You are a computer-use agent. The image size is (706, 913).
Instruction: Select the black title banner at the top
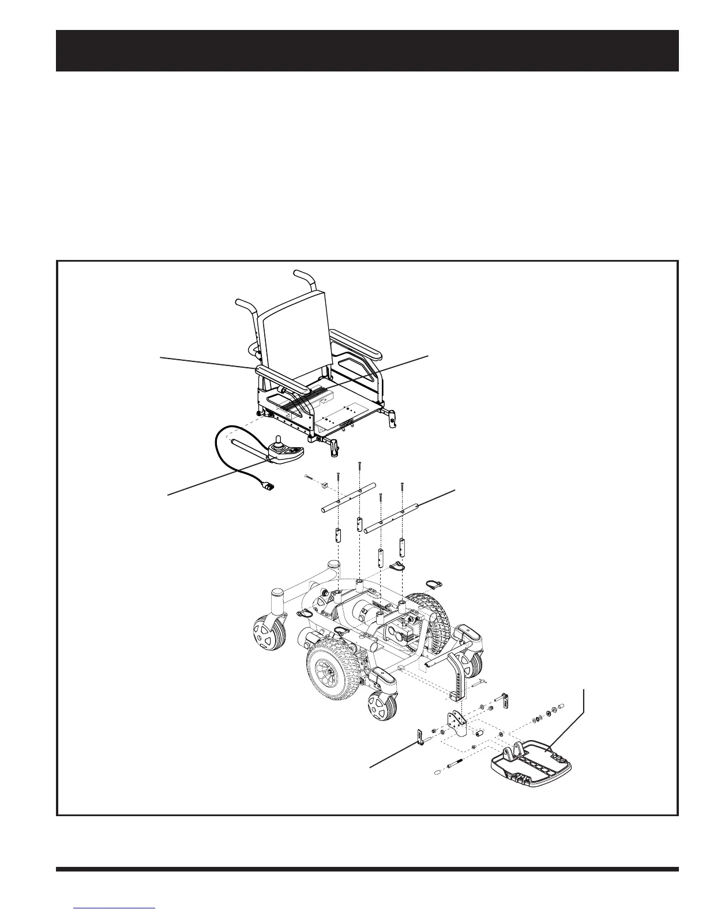point(367,51)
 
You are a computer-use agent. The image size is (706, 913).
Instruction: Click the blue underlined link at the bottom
point(115,906)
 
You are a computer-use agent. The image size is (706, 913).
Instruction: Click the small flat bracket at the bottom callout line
point(420,736)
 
